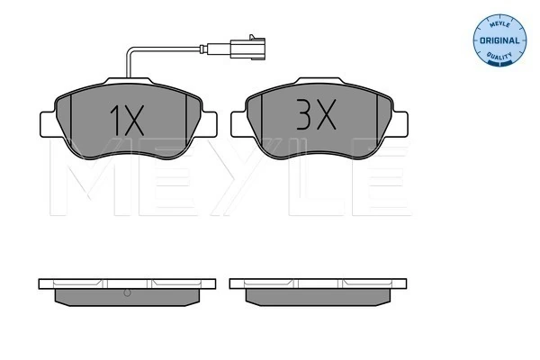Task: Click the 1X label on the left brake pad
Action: [x=127, y=121]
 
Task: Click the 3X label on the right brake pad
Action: [x=316, y=114]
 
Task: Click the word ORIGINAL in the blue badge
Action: [x=499, y=40]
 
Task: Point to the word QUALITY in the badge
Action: [x=499, y=56]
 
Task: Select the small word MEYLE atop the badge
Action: [x=499, y=24]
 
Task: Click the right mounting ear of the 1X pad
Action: [x=209, y=124]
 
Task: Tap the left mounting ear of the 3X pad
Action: [x=239, y=123]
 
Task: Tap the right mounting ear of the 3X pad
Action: [x=400, y=123]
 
